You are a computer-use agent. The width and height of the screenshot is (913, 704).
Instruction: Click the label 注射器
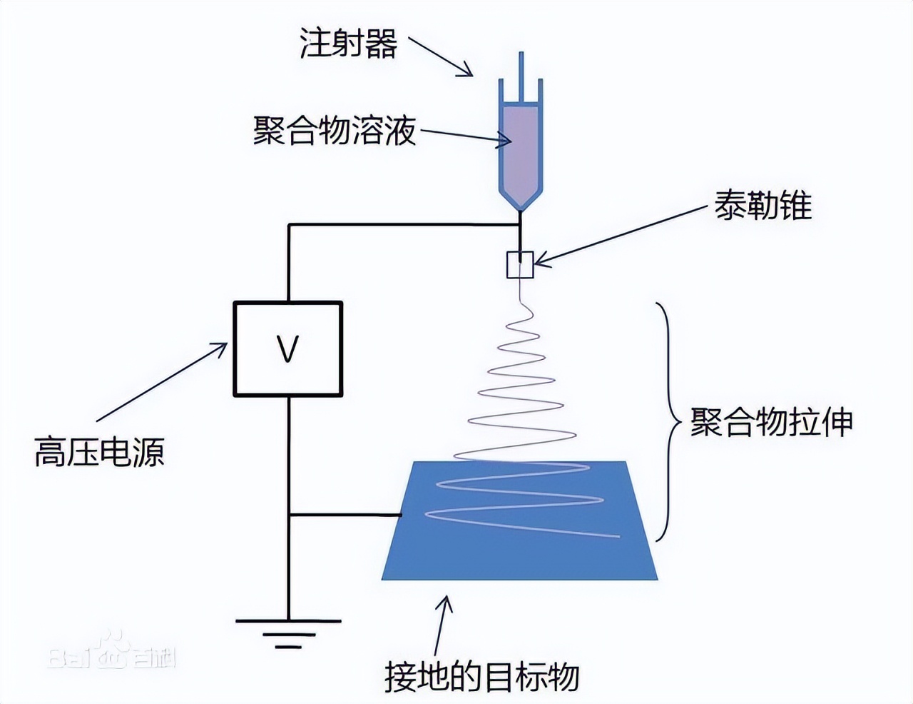point(347,44)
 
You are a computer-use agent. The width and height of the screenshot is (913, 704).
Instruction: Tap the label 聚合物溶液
point(334,131)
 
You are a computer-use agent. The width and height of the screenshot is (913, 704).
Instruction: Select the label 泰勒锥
point(762,206)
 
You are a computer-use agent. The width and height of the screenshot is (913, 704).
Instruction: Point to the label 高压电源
point(99,452)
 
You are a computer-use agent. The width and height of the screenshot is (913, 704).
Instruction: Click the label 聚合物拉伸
point(771,422)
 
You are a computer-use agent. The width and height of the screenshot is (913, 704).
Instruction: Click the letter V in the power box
point(287,349)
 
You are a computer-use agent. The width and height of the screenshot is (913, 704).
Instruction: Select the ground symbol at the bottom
point(288,632)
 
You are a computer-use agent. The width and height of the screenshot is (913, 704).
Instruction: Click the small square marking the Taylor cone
point(520,265)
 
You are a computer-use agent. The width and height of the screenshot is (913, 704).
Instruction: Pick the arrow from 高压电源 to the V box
point(161,382)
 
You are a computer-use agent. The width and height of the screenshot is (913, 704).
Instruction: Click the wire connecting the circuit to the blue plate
point(345,514)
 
